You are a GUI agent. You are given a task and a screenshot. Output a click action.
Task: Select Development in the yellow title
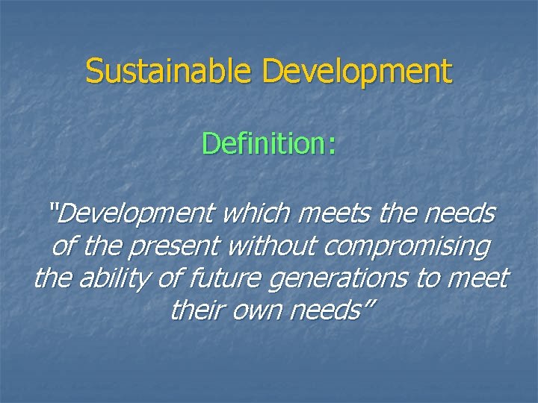(x=358, y=72)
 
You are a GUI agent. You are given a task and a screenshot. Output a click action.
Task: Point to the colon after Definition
(x=330, y=145)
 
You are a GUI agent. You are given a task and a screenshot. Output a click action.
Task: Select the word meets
(x=334, y=215)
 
